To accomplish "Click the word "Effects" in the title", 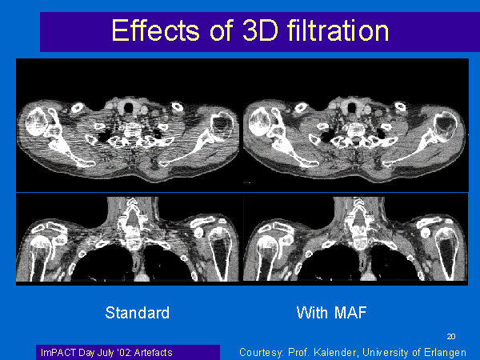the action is [155, 30].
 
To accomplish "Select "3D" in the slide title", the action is [261, 30].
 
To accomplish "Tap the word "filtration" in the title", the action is [338, 30].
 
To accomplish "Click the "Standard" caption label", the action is [137, 313].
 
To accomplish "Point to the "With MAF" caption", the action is [331, 313].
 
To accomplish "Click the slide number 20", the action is [451, 337].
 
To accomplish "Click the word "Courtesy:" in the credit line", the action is [261, 353].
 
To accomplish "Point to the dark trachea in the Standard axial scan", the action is [129, 107].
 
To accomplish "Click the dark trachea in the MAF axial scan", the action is [352, 107].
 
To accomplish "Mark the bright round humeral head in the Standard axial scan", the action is [36, 122].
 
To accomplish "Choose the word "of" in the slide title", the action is [222, 30].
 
